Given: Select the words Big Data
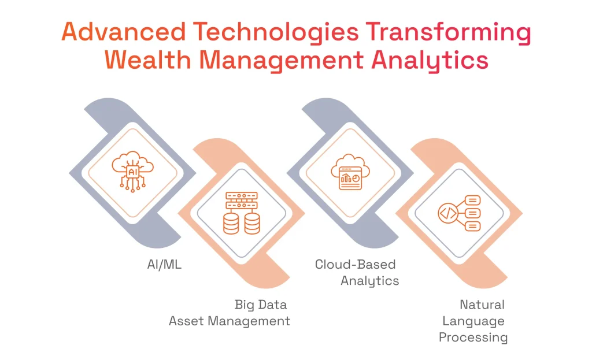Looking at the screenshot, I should [x=260, y=304].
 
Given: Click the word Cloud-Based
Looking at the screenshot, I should [x=355, y=265].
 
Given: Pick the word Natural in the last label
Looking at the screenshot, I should [x=482, y=305].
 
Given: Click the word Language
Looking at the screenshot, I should [x=473, y=321].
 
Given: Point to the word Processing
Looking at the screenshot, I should [x=473, y=337].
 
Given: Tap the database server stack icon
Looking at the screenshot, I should [x=242, y=213].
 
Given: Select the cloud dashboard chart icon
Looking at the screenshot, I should [x=350, y=171].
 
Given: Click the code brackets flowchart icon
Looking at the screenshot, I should [x=460, y=213].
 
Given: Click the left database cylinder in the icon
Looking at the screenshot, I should [x=231, y=224].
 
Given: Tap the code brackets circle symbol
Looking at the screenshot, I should [x=448, y=213].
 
